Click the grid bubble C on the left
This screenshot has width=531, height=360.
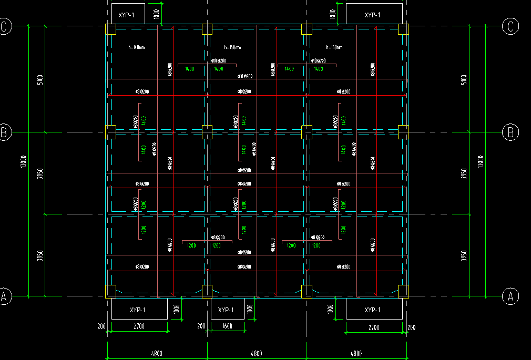5,26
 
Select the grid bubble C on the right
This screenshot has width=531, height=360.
510,26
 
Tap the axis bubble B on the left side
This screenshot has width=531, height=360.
5,132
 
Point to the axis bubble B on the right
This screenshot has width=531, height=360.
510,132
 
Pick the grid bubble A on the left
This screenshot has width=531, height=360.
5,297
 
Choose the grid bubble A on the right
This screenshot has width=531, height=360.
510,297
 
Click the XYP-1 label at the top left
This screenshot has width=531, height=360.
127,15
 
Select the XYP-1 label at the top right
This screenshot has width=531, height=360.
372,15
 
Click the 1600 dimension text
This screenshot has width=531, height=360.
227,326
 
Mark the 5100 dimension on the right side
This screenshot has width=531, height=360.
463,80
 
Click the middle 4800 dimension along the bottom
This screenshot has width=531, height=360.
256,354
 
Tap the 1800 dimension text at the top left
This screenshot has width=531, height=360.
156,14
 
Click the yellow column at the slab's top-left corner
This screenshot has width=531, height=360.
111,29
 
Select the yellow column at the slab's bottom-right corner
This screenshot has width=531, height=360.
403,291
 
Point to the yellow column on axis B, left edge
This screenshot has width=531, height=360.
111,132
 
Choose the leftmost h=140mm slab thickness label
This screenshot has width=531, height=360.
137,48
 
